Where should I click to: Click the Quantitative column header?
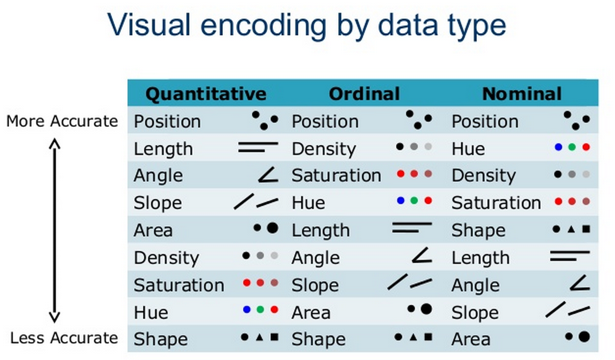pos(206,94)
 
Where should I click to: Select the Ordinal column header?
pos(364,94)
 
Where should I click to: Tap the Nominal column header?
pos(522,94)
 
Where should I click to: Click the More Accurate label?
pos(62,121)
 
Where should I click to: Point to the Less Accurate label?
pos(64,338)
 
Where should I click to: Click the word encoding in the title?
pos(263,26)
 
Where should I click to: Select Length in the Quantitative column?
pos(163,149)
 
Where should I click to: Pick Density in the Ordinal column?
pos(324,150)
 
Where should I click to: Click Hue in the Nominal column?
pos(468,149)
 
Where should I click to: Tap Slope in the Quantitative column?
pos(158,204)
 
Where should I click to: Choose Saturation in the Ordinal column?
pos(336,176)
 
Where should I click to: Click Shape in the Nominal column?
pos(479,231)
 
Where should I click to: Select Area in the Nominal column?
pos(471,339)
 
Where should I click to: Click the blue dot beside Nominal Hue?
pos(559,147)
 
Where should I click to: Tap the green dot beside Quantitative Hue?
pos(260,310)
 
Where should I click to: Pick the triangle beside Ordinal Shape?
pos(413,337)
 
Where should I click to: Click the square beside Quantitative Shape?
pos(275,337)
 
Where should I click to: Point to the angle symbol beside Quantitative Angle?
pos(268,175)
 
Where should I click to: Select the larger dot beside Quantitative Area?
pos(273,228)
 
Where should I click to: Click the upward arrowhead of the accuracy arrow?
pos(54,143)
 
